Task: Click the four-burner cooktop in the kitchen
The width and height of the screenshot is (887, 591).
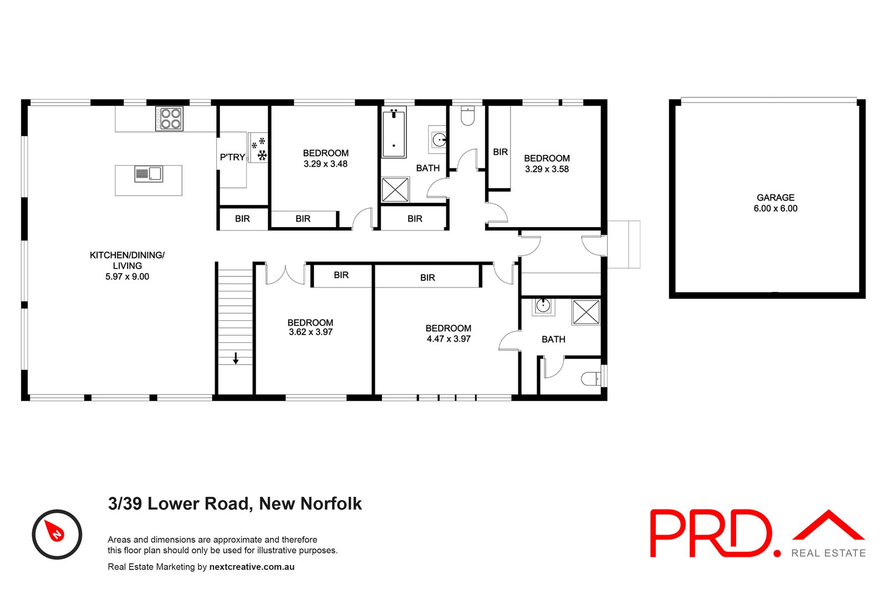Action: [x=169, y=119]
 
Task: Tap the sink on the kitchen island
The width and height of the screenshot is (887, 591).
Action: [x=149, y=174]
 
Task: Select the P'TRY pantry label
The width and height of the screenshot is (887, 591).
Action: [x=232, y=157]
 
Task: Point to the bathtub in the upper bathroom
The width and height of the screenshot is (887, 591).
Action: [x=394, y=132]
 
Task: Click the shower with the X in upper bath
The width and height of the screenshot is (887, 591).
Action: [x=395, y=190]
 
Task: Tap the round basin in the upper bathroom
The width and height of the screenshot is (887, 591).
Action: [x=439, y=139]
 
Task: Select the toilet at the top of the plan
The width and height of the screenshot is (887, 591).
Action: [x=468, y=116]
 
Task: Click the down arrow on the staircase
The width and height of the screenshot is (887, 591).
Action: [x=236, y=358]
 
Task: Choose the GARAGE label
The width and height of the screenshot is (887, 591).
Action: [x=775, y=198]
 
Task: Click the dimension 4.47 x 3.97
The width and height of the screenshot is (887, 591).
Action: [x=448, y=339]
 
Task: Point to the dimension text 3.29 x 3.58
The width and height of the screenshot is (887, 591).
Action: [x=547, y=169]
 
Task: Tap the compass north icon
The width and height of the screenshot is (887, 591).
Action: [x=57, y=534]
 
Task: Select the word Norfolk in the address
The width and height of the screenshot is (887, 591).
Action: [x=331, y=503]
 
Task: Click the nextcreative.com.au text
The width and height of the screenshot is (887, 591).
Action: [x=252, y=567]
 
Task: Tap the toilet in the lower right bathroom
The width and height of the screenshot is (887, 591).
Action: [x=591, y=379]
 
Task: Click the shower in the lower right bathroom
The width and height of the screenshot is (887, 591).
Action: [x=586, y=312]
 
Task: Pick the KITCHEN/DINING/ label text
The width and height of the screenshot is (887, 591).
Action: [x=127, y=255]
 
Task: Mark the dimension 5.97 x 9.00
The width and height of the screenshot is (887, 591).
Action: [x=127, y=277]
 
